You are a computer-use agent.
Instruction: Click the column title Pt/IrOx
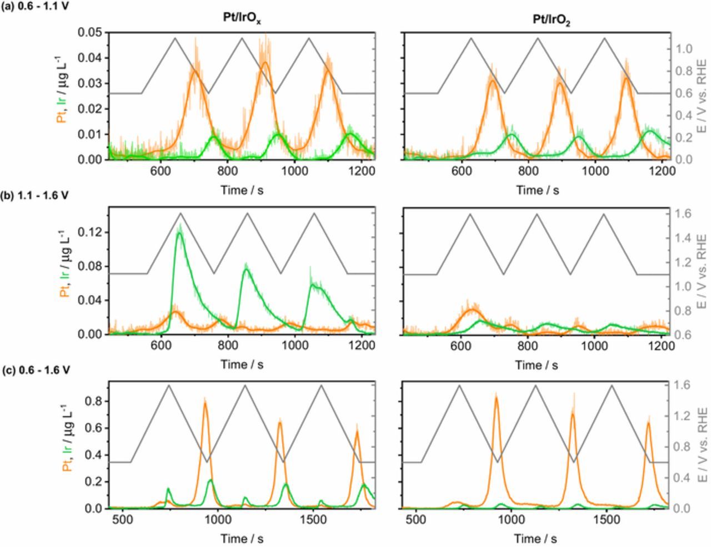pyautogui.click(x=239, y=18)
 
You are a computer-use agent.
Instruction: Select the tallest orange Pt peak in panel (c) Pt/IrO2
pyautogui.click(x=495, y=397)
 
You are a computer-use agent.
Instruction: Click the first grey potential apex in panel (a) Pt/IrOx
pyautogui.click(x=175, y=38)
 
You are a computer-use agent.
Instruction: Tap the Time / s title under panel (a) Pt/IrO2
pyautogui.click(x=537, y=190)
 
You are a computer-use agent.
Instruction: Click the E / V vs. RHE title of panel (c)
pyautogui.click(x=702, y=445)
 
